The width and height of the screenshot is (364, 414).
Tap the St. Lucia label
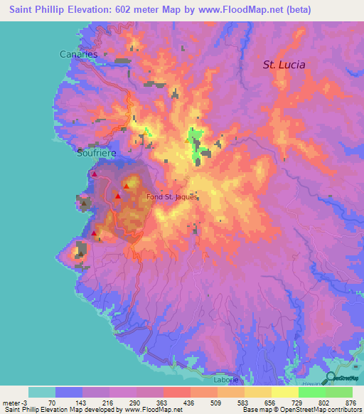284,64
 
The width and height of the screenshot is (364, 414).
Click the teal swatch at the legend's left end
42,392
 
